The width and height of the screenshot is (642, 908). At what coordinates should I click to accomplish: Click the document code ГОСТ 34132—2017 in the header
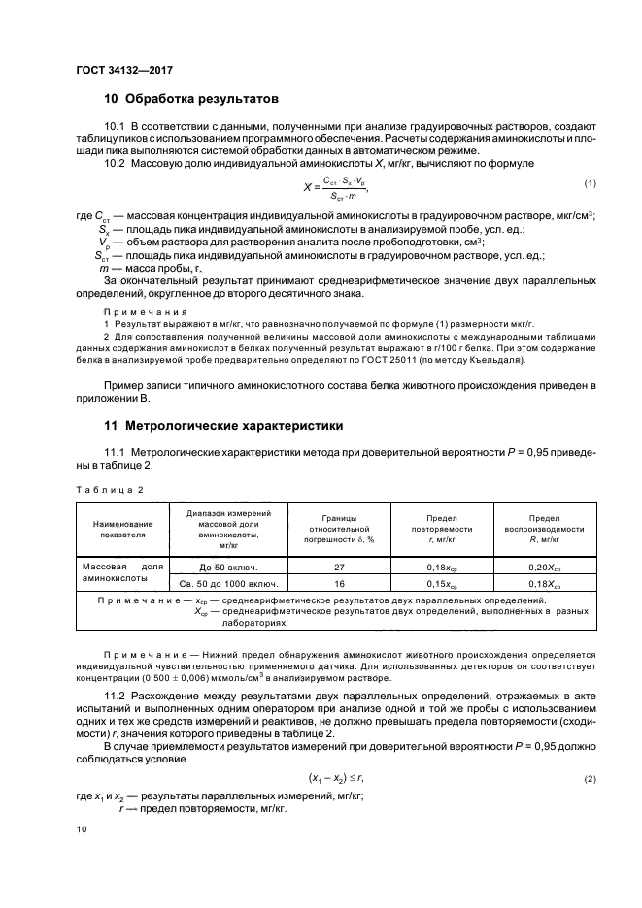point(123,69)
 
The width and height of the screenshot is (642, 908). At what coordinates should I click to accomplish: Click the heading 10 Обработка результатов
point(191,99)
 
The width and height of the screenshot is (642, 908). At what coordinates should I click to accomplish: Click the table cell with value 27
point(340,566)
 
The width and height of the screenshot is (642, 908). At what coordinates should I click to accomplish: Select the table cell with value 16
point(340,584)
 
